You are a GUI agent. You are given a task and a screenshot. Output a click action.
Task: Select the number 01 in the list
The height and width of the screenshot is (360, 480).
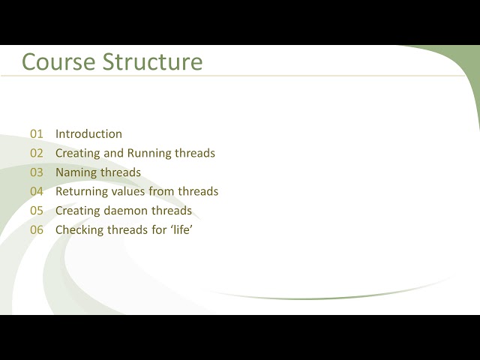37,134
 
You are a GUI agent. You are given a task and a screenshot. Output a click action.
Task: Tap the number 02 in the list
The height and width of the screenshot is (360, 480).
37,153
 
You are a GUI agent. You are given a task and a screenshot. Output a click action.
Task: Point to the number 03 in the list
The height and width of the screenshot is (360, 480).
37,172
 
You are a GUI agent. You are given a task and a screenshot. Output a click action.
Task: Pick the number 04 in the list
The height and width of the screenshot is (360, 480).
37,191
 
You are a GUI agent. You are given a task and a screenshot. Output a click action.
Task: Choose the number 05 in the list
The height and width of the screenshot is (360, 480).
37,211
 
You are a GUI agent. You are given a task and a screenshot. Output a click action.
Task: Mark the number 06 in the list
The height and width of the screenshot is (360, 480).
37,229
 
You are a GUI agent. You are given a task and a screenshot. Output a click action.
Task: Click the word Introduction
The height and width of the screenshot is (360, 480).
88,134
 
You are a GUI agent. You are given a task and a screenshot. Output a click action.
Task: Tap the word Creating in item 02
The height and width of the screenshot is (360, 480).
78,153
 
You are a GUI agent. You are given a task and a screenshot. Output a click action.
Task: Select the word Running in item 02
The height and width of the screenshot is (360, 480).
148,153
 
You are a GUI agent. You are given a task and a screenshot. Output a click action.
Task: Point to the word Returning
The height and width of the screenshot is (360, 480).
82,191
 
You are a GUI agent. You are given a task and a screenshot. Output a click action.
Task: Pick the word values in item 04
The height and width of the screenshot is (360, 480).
130,191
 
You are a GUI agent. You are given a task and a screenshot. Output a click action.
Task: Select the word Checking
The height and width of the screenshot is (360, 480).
79,229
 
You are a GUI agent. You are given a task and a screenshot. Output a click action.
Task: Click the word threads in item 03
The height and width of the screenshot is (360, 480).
121,172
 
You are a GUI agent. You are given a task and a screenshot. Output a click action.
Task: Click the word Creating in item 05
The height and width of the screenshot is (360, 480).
78,211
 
